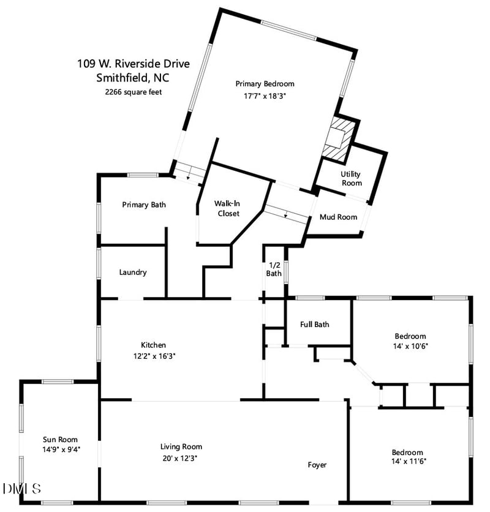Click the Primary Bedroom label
point(265,84)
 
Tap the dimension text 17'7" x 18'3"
point(265,96)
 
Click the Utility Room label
point(352,178)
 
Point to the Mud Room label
point(338,217)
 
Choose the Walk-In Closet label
point(227,208)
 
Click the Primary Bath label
point(144,205)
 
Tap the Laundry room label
point(133,272)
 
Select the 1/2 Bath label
point(274,269)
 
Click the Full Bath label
point(315,324)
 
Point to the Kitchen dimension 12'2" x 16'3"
point(154,356)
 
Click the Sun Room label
point(60,439)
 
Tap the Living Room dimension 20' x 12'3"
point(181,457)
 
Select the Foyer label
point(317,465)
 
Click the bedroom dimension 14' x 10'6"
point(410,345)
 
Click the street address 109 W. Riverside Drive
point(134,63)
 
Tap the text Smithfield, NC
point(134,78)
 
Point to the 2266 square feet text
point(134,92)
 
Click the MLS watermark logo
point(22,489)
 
